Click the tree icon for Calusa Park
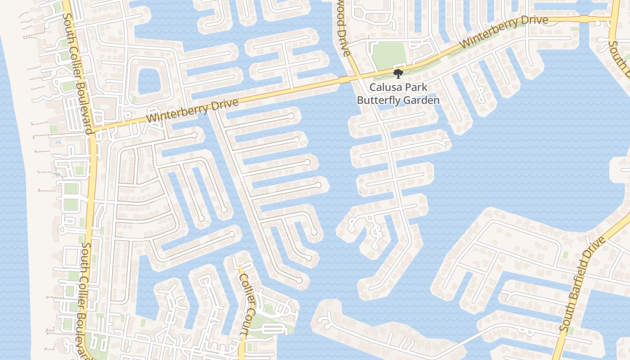[x=397, y=73]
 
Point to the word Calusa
[x=385, y=87]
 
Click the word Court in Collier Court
[x=245, y=324]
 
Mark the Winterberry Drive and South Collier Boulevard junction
[x=92, y=130]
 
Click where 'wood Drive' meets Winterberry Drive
[x=358, y=77]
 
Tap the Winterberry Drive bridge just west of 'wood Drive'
[x=344, y=80]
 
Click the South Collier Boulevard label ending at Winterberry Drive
[x=78, y=72]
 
